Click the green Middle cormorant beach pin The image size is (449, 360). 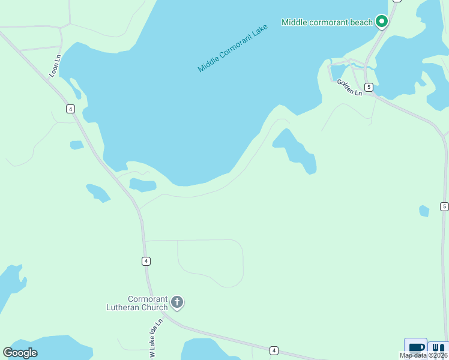381,22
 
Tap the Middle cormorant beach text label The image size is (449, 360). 327,22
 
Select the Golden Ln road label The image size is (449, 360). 349,88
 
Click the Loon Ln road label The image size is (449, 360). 55,66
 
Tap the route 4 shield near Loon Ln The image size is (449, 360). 71,109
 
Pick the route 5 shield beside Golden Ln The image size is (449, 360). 369,87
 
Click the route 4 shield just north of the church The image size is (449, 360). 146,261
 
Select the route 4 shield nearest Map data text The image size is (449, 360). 274,350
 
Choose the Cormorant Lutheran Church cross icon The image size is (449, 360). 177,302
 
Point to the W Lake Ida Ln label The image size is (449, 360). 156,338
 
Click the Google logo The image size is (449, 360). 20,353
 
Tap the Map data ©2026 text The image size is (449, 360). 424,355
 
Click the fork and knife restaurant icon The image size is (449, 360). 438,348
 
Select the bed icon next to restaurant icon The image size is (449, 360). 416,348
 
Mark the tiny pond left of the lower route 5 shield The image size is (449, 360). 424,211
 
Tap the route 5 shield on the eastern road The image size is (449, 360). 444,206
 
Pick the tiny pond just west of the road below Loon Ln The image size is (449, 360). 76,145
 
